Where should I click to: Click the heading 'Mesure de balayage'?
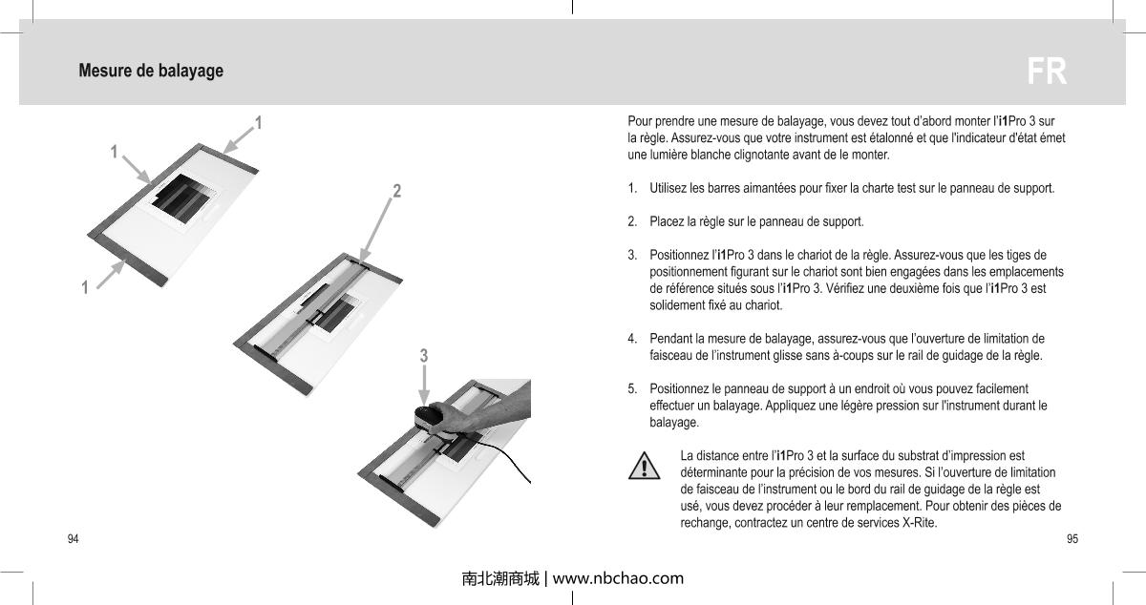pos(151,71)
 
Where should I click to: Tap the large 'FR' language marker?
pos(1047,72)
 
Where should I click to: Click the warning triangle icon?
pos(646,466)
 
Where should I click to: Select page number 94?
pos(73,539)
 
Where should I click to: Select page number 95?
pos(1072,539)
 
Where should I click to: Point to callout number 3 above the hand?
pos(424,356)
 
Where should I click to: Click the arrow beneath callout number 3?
pos(424,386)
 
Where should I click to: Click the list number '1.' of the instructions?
pos(633,188)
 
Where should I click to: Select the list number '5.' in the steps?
pos(633,388)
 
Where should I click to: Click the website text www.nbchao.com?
pos(618,577)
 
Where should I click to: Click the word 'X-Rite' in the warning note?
pos(920,524)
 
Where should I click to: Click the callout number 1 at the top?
pos(259,123)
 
